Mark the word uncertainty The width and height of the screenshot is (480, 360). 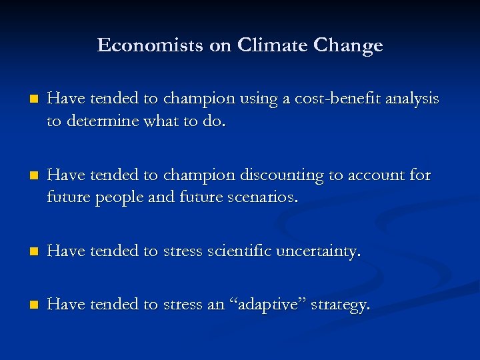coord(325,251)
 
